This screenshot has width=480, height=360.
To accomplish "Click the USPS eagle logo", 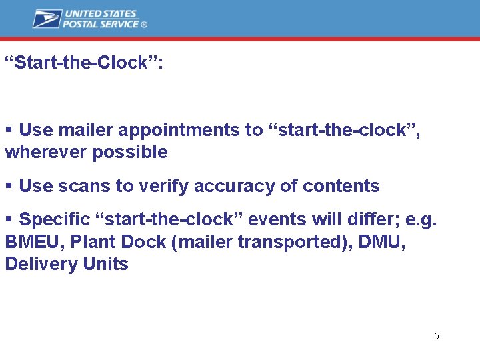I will point(47,19).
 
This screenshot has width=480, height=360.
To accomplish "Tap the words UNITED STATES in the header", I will point(100,13).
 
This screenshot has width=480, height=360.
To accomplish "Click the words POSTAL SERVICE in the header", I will point(101,24).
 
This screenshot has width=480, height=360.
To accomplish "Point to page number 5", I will point(436,336).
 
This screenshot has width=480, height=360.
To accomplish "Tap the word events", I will point(273,219).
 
